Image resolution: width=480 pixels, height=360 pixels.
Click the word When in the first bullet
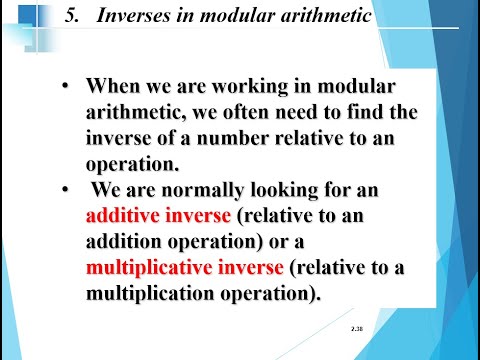click(x=110, y=87)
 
